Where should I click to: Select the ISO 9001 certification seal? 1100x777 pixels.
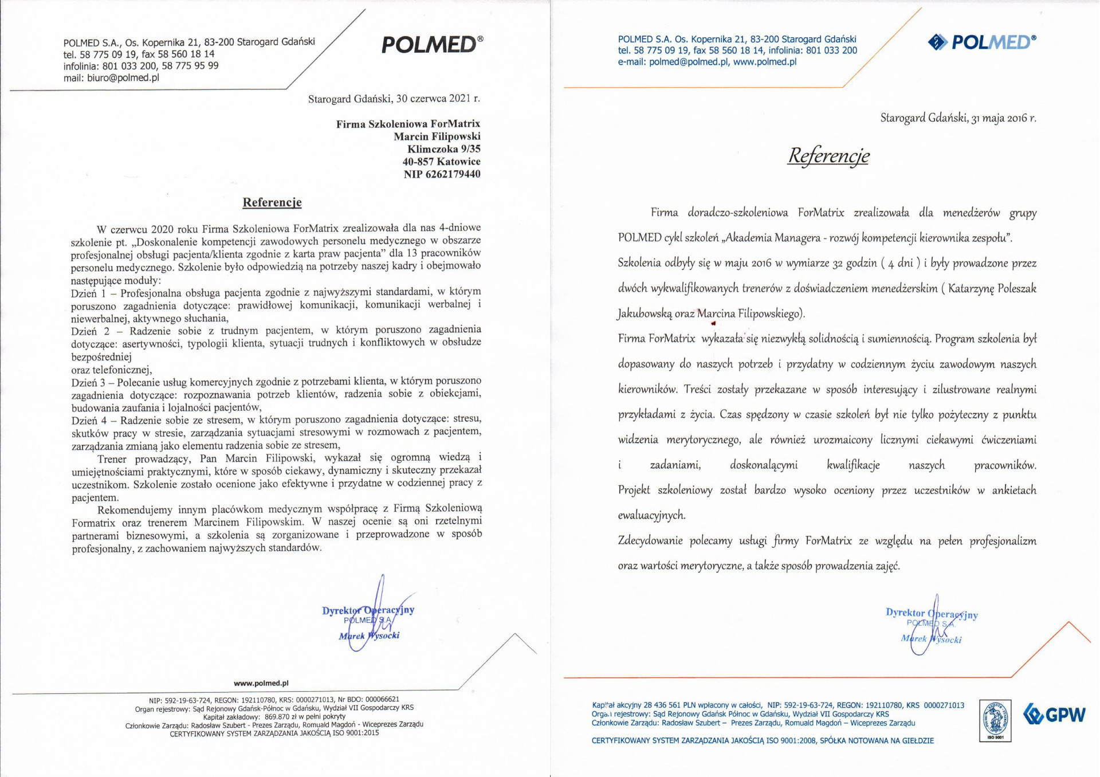pos(995,720)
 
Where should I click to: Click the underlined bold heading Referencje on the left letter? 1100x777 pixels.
pos(272,202)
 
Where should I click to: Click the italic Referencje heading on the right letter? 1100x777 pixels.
pos(828,155)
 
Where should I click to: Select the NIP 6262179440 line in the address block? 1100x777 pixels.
pos(442,174)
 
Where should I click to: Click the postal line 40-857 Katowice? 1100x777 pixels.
pos(441,162)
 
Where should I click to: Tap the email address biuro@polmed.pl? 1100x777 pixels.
pos(123,78)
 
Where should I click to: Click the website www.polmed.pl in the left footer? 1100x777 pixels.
pos(261,683)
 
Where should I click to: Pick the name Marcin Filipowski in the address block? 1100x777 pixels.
pos(437,136)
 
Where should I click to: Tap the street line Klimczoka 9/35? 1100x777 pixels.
pos(444,149)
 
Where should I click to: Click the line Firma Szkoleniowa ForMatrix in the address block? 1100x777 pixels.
pos(408,124)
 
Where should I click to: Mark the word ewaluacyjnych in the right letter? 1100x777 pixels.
pos(651,515)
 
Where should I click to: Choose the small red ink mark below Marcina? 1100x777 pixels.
pos(713,324)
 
